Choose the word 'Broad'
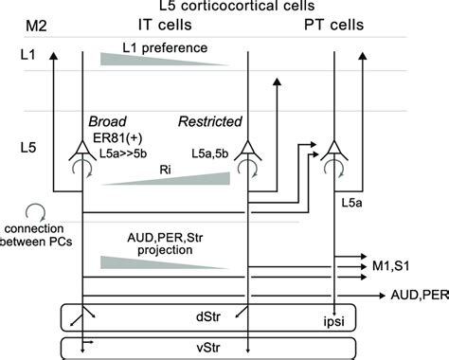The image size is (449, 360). [x=110, y=122]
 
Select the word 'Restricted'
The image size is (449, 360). [x=209, y=122]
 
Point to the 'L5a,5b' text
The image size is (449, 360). [x=209, y=153]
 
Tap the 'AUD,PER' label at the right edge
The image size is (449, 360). [x=416, y=296]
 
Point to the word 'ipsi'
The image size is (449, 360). [x=335, y=318]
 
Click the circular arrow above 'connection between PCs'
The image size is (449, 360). [x=34, y=213]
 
